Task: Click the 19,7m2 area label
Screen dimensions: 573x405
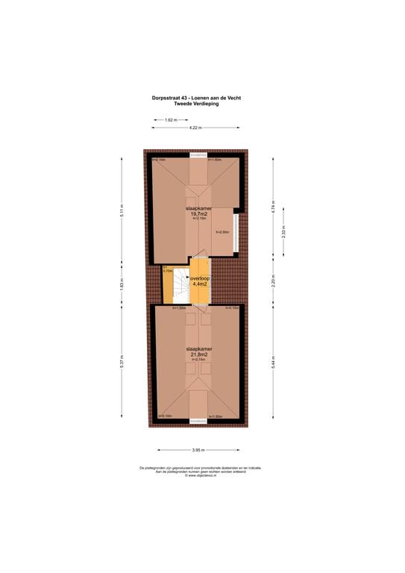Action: (x=198, y=213)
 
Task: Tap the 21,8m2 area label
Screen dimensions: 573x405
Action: (x=198, y=354)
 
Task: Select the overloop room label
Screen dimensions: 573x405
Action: (x=200, y=278)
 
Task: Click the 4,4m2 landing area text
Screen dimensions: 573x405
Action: (x=200, y=284)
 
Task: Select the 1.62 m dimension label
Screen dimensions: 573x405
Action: (x=170, y=119)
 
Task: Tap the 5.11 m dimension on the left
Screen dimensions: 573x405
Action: (x=122, y=211)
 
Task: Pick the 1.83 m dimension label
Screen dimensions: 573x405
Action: (x=122, y=284)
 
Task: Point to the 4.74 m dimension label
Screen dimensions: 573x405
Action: (x=274, y=207)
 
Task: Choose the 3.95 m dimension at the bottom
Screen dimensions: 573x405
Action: (x=198, y=450)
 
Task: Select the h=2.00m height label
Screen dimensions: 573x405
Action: (x=224, y=233)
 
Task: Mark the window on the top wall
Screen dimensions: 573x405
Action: (x=198, y=154)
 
